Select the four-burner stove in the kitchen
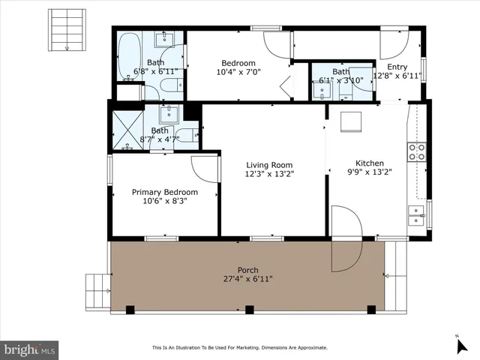click(416, 152)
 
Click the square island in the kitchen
click(350, 122)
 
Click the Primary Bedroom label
click(165, 192)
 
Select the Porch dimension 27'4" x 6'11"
click(249, 279)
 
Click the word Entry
click(397, 67)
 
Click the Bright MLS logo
click(30, 349)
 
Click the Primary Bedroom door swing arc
click(204, 167)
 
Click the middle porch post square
click(250, 309)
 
